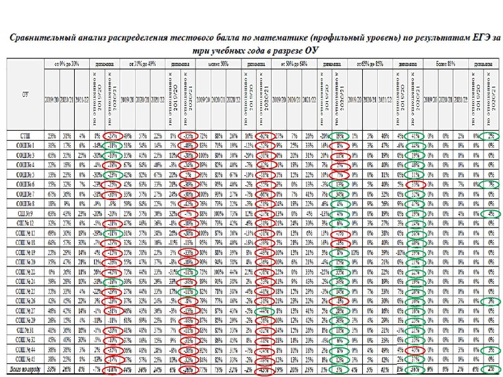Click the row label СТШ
click(26, 135)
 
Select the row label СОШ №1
click(26, 145)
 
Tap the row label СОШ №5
click(26, 175)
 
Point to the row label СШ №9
click(26, 214)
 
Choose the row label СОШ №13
click(26, 233)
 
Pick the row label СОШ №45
click(26, 359)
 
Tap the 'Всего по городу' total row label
click(26, 368)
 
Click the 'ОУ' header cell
click(26, 94)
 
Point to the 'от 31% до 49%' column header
click(142, 63)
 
